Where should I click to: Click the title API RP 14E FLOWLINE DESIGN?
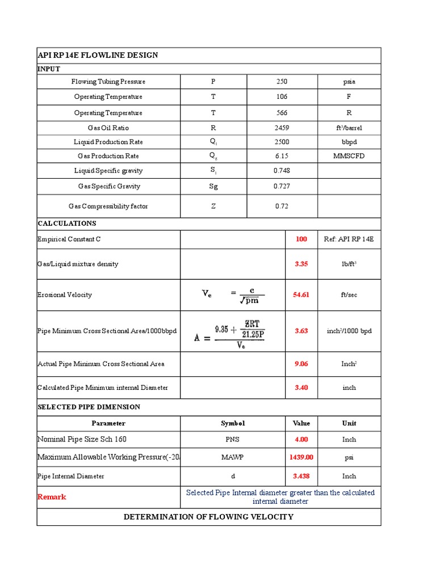[x=98, y=55]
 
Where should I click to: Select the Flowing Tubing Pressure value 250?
[x=282, y=82]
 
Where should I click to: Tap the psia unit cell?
[x=349, y=82]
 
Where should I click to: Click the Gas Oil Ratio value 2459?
[x=282, y=128]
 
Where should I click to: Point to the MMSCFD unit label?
[x=349, y=156]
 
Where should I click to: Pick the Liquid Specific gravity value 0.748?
[x=282, y=171]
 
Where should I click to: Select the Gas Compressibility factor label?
[x=108, y=207]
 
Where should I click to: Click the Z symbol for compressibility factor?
[x=213, y=207]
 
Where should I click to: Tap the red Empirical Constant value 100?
[x=301, y=239]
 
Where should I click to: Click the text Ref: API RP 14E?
[x=349, y=239]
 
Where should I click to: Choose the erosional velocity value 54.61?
[x=301, y=295]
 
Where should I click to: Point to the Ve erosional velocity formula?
[x=233, y=294]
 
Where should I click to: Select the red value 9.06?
[x=301, y=364]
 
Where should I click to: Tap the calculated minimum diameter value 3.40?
[x=301, y=388]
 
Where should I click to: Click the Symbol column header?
[x=233, y=424]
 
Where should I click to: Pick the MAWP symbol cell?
[x=233, y=457]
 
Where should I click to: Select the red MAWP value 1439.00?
[x=301, y=457]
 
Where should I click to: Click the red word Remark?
[x=52, y=497]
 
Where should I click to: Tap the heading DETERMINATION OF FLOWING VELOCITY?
[x=208, y=517]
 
